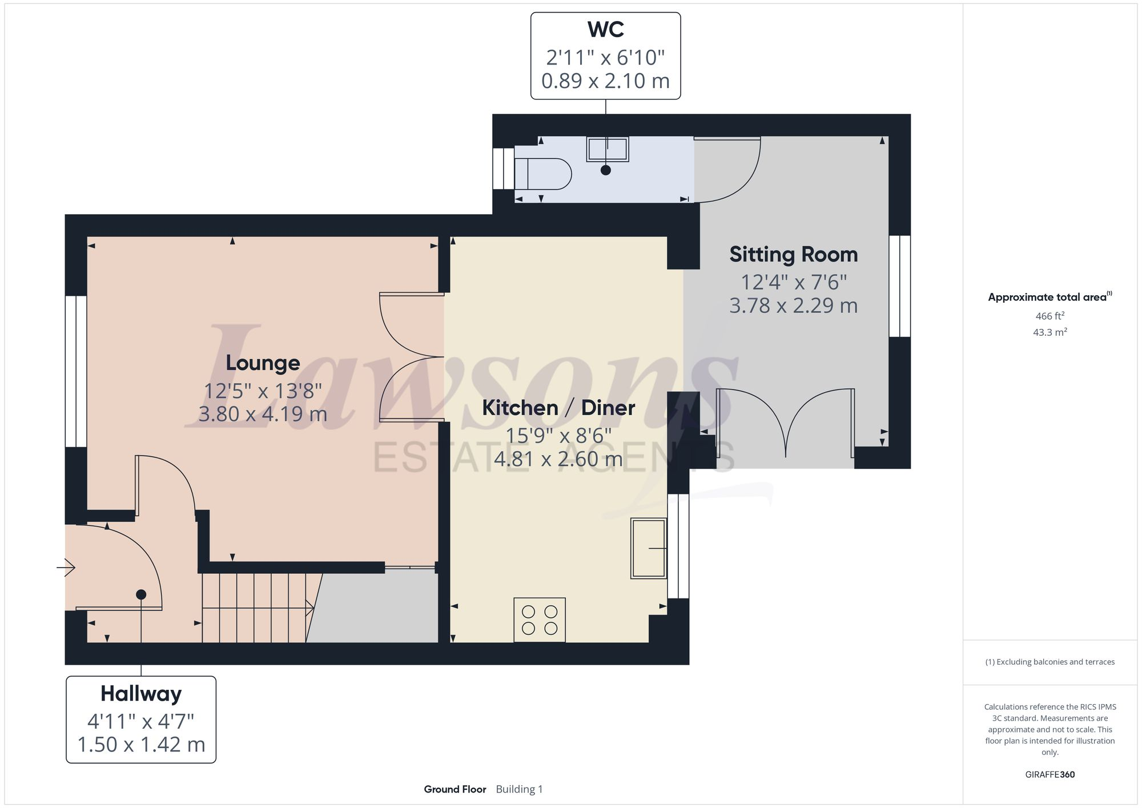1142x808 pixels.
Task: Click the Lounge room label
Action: point(263,363)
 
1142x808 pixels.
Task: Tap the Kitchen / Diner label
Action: point(558,408)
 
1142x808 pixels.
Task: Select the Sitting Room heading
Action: point(793,254)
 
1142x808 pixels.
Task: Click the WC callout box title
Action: point(605,30)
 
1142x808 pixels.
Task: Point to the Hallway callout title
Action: point(141,693)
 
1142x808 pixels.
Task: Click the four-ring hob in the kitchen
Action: point(540,620)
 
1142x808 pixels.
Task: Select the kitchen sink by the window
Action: point(649,548)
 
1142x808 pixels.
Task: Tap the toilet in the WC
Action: point(542,174)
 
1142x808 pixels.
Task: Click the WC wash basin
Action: point(607,149)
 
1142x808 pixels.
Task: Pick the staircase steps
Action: point(257,608)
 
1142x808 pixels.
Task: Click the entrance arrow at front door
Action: point(66,568)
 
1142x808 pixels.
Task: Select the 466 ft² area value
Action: point(1049,316)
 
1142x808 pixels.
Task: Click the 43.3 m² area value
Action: point(1049,332)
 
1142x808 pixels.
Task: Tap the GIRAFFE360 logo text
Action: point(1049,774)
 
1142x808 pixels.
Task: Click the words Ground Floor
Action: point(455,789)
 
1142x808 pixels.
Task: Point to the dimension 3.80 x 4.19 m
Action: point(263,413)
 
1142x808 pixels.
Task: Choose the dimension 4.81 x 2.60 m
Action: point(558,459)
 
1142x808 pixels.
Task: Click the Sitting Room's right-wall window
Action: point(899,286)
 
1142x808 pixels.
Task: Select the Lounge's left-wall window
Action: point(75,371)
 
